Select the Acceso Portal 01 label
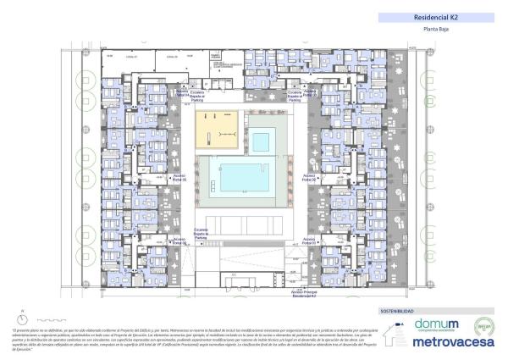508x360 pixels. (x=309, y=94)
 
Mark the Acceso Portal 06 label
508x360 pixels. (x=179, y=241)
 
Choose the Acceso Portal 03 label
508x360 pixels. (x=310, y=241)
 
